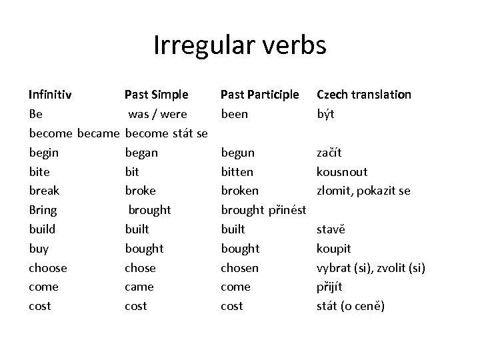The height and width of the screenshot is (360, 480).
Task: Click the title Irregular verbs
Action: click(x=240, y=45)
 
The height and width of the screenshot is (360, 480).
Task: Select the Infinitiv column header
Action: click(x=51, y=95)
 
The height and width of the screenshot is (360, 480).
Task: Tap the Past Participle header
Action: click(x=259, y=95)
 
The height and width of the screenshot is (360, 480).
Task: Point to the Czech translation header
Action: click(x=364, y=95)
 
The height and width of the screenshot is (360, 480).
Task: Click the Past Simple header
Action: click(x=157, y=95)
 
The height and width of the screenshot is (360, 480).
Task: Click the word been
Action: click(x=234, y=114)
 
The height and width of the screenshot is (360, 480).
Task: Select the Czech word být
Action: click(x=326, y=114)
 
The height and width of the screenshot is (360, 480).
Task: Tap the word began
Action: click(x=141, y=153)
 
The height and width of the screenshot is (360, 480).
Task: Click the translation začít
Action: click(x=331, y=153)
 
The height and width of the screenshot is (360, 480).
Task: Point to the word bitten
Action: click(x=237, y=172)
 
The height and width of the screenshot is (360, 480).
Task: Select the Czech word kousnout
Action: click(x=342, y=172)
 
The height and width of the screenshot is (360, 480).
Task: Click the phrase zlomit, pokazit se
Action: click(x=363, y=191)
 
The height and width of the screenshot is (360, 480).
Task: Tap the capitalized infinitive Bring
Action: click(x=43, y=210)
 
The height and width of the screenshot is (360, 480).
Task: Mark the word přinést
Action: click(x=287, y=210)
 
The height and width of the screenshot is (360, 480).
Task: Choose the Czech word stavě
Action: click(x=331, y=229)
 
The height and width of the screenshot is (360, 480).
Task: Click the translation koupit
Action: click(x=333, y=249)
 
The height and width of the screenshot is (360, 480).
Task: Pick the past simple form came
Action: click(x=139, y=287)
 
